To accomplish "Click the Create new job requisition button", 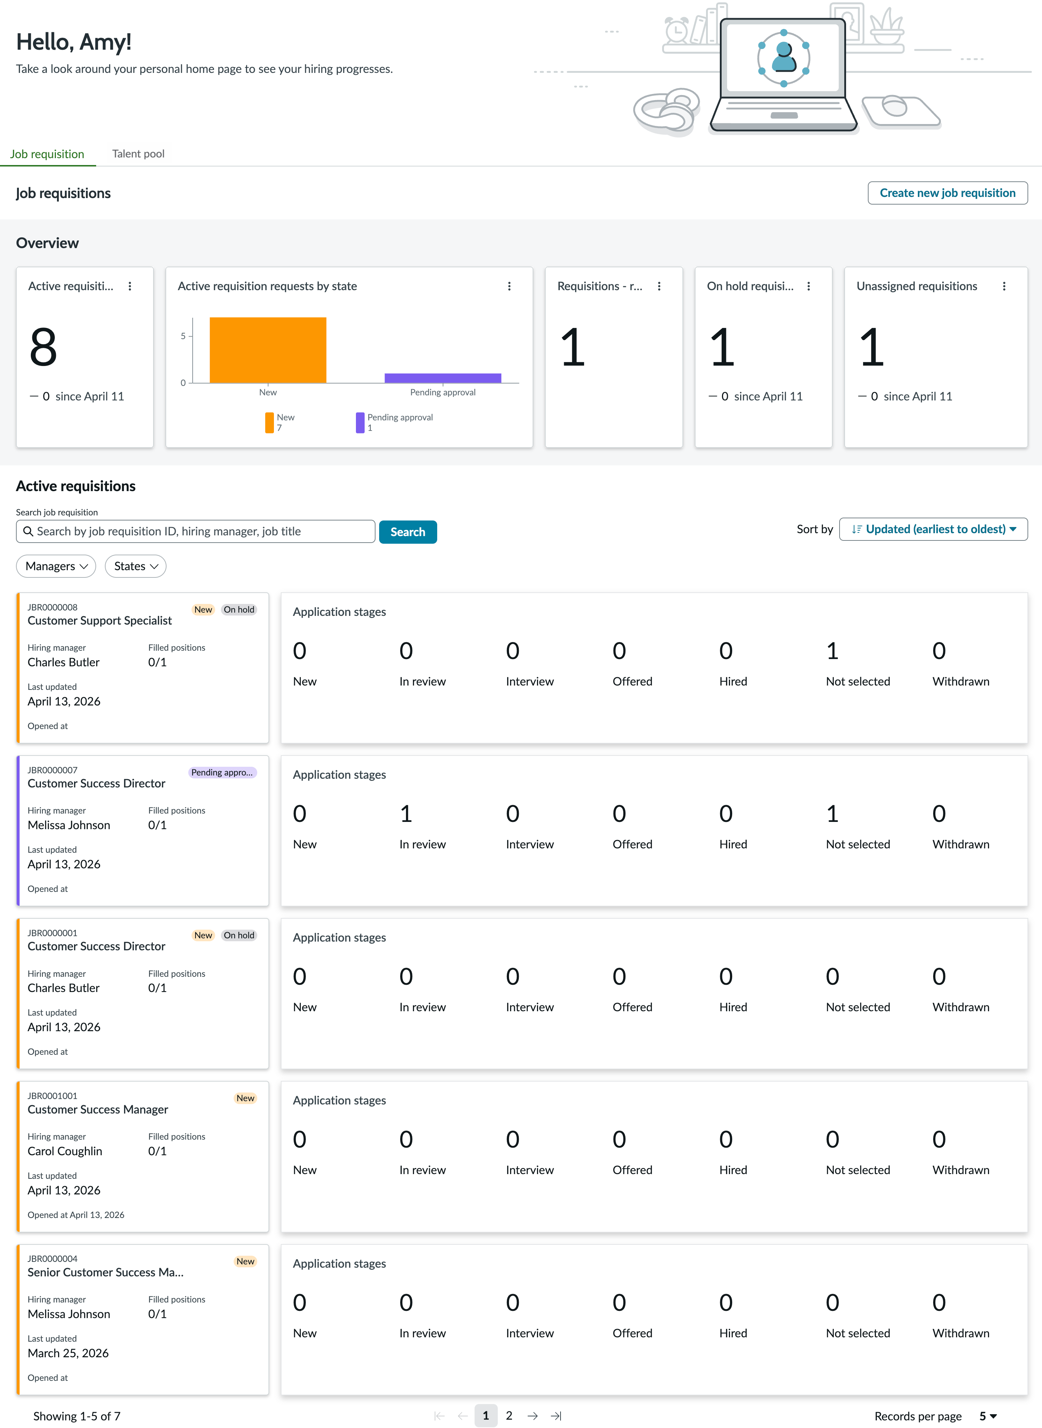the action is tap(947, 193).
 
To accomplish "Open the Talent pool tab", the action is tap(138, 154).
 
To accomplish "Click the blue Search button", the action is tap(407, 531).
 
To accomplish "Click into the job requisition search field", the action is tap(196, 531).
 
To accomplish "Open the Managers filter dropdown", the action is tap(56, 566).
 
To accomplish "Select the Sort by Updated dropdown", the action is tap(933, 529).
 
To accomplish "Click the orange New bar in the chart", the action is tap(268, 350).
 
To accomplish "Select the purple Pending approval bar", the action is tap(443, 378).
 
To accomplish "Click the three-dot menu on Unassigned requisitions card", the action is tap(1004, 286).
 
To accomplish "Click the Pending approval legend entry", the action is tap(395, 423).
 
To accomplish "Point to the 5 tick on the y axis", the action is tap(184, 336).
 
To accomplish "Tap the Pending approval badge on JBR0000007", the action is tap(222, 772).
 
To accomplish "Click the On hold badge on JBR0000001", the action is tap(239, 935).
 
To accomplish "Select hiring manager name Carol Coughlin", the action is tap(65, 1151).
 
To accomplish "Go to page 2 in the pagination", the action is tap(509, 1415).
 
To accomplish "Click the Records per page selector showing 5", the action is tap(988, 1416).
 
